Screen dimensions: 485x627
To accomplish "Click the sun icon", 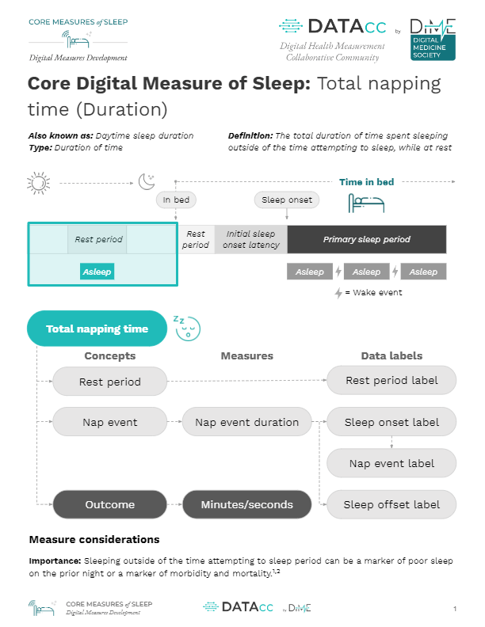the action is click(38, 183).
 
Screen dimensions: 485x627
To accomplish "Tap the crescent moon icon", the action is click(147, 181).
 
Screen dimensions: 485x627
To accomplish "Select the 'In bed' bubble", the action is click(176, 200).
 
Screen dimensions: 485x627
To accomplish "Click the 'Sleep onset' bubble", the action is click(287, 200).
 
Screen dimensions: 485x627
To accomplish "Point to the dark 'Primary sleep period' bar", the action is click(367, 239).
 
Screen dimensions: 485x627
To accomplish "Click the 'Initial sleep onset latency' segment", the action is click(251, 239).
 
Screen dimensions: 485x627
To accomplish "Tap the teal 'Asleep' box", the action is click(97, 272).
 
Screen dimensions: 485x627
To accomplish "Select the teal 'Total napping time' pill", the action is click(97, 329).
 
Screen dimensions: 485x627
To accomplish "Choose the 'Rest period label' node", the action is click(391, 380).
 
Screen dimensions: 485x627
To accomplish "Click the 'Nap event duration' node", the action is click(247, 422).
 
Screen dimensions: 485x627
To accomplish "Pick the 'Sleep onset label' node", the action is click(391, 422).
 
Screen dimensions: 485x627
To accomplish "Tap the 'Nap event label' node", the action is click(391, 463).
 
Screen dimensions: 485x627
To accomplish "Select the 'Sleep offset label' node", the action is click(391, 504).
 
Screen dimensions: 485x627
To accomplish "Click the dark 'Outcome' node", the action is click(109, 504).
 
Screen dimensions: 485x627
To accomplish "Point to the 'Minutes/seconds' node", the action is click(247, 504).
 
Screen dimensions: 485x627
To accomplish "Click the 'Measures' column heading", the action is click(247, 356).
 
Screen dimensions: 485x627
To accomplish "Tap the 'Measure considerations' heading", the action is click(94, 539).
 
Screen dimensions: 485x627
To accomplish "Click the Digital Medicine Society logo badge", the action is click(433, 40).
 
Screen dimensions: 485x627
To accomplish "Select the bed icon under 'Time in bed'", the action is click(366, 203).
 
